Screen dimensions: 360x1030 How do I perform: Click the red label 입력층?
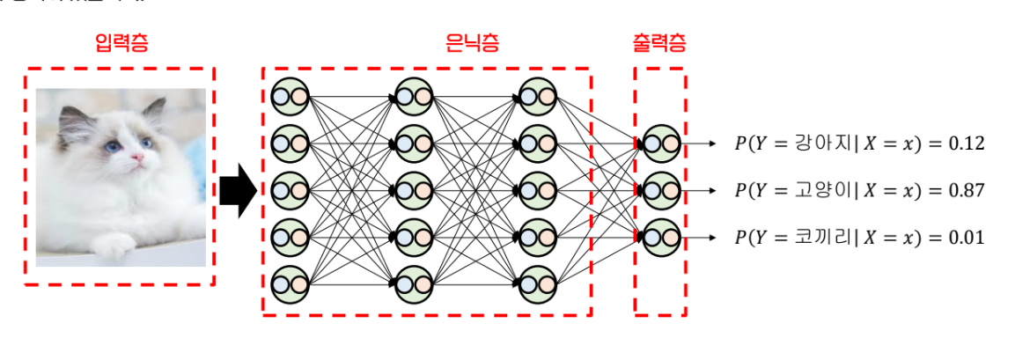coord(121,43)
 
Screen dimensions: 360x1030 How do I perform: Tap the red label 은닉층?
coord(472,43)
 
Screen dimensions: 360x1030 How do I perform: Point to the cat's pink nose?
coord(138,158)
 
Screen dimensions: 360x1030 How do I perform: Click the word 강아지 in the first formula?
coord(815,143)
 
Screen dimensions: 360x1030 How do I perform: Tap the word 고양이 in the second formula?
coord(815,191)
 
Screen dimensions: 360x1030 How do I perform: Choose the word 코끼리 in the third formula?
coord(815,238)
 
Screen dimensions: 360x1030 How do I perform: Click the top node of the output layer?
coord(660,143)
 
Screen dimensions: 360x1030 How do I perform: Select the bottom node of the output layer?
coord(660,238)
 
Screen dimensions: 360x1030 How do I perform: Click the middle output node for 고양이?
coord(660,190)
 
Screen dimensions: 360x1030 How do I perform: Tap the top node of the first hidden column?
coord(291,95)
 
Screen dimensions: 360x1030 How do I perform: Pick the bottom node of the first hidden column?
coord(291,284)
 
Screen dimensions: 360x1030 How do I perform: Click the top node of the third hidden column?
coord(537,95)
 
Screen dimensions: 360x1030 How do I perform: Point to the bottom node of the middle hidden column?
coord(414,284)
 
